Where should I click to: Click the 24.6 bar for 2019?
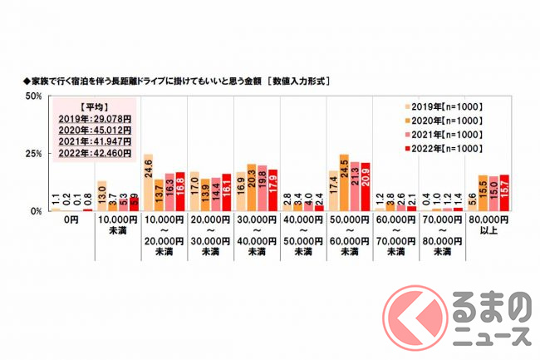tap(148, 183)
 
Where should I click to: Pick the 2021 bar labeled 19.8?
tap(262, 189)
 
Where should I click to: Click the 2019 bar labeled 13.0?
tap(101, 196)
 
